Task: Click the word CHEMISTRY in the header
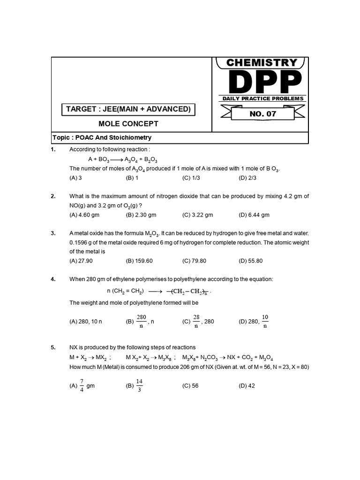click(x=262, y=63)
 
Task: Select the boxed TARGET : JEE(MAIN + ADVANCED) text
click(x=128, y=109)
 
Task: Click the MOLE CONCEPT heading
click(x=128, y=124)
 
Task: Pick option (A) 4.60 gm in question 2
click(x=84, y=215)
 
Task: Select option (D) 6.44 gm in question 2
click(x=254, y=215)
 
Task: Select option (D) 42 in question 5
click(x=247, y=386)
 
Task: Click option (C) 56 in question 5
click(x=190, y=386)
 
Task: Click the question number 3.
click(x=53, y=233)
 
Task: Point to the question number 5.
click(x=53, y=347)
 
